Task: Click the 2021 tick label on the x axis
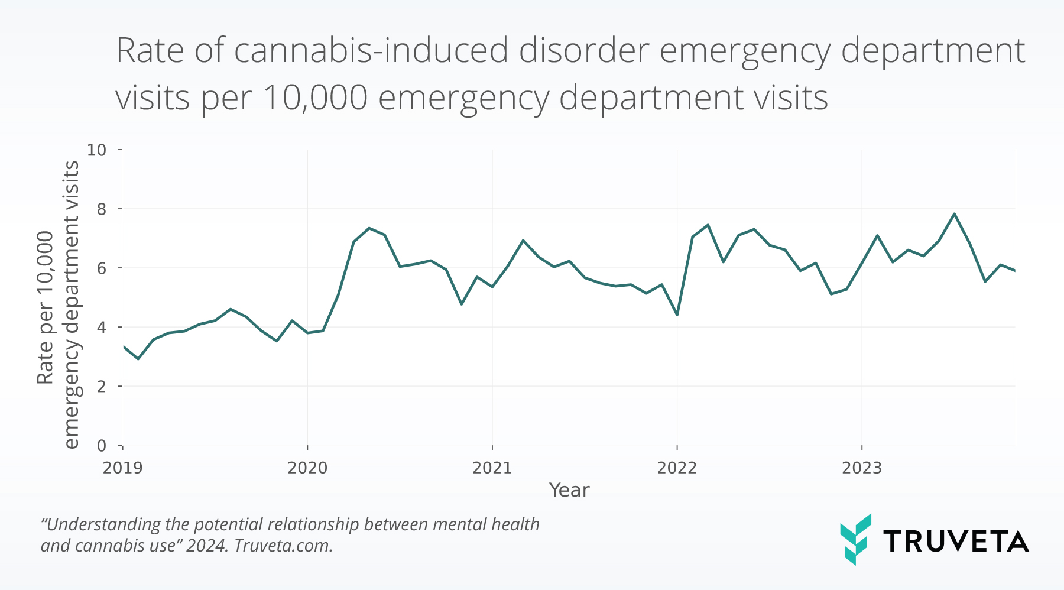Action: pos(492,468)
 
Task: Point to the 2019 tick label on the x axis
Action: pos(122,468)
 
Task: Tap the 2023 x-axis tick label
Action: pos(861,468)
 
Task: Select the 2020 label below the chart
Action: pos(307,468)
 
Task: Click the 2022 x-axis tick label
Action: pos(677,468)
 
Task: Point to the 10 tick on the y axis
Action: pos(97,150)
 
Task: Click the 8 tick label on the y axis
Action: pos(102,209)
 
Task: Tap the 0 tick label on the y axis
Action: pos(102,446)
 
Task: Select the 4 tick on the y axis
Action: pos(102,328)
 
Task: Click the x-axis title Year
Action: pos(569,490)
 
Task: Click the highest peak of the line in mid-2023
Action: pos(954,214)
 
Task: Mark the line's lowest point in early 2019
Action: pos(138,359)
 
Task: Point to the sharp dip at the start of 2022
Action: pos(677,315)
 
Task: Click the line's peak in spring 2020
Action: pos(369,228)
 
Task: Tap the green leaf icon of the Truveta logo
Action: pos(855,539)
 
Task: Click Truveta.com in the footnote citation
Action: pos(283,546)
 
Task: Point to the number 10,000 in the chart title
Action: pos(315,98)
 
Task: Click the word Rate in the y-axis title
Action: pos(46,365)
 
